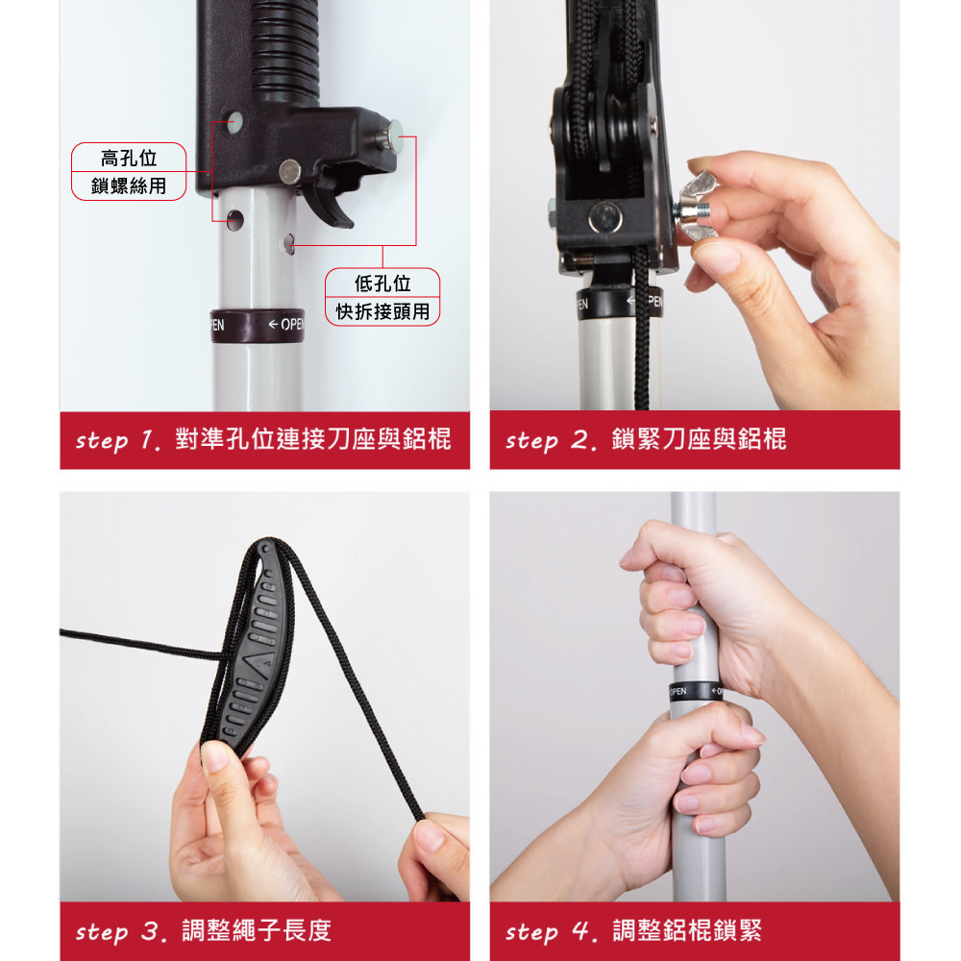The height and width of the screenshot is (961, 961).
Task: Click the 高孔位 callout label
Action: [x=129, y=159]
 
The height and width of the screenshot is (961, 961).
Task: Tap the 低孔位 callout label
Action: [x=382, y=283]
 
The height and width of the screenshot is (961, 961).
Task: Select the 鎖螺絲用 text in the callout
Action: [x=129, y=185]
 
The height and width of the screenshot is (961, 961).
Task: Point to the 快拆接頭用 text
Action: [x=382, y=311]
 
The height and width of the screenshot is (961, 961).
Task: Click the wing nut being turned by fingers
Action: [x=699, y=206]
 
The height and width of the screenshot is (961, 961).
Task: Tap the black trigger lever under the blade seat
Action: [x=330, y=202]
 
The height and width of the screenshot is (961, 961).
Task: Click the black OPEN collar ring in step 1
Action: [x=257, y=326]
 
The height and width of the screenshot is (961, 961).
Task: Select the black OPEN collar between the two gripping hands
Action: [x=696, y=691]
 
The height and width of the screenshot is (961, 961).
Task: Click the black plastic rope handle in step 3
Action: [x=251, y=650]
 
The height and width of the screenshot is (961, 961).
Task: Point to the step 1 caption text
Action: [x=263, y=439]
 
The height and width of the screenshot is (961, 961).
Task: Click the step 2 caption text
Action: [x=646, y=439]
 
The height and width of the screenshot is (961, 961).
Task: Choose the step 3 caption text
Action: [x=203, y=931]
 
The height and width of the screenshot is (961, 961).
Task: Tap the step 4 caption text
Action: [x=633, y=931]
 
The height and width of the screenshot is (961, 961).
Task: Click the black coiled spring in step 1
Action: [x=285, y=49]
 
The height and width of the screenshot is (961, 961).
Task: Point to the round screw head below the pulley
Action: [x=604, y=217]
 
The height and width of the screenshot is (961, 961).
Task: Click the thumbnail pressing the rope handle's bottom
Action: [x=215, y=756]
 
